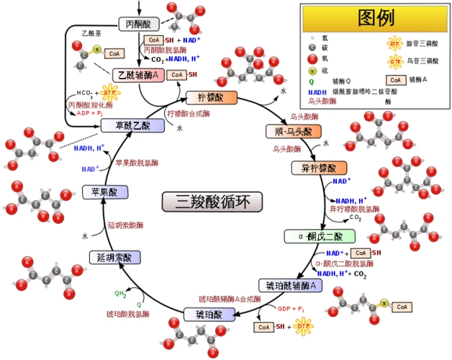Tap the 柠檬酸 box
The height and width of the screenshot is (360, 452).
point(212,96)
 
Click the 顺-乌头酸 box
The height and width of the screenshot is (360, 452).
point(289,131)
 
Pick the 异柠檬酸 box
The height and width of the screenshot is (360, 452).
point(314,168)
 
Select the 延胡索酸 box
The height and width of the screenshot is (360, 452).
point(114,257)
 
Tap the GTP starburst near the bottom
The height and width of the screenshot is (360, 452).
point(303,326)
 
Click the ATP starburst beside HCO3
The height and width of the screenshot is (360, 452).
point(109,93)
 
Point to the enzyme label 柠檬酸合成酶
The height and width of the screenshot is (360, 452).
point(189,113)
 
